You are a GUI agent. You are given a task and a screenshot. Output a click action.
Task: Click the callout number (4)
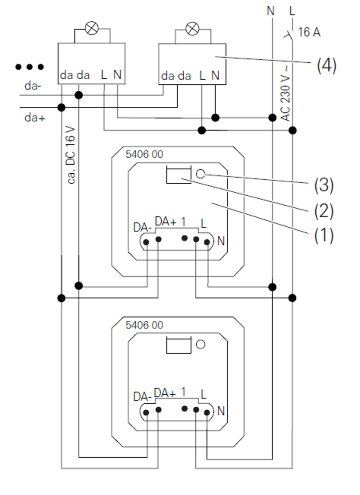tap(326, 65)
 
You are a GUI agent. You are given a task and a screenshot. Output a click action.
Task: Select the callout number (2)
tap(324, 211)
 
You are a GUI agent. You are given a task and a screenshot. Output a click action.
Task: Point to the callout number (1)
tap(324, 236)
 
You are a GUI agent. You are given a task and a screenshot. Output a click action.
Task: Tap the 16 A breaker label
tap(309, 33)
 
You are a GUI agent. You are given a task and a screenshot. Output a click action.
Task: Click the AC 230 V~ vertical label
tap(285, 94)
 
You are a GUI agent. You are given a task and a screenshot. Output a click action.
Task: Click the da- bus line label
tap(32, 86)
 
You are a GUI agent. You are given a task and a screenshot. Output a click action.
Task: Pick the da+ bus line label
tap(35, 117)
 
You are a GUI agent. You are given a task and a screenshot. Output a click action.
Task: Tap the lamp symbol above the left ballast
tap(91, 28)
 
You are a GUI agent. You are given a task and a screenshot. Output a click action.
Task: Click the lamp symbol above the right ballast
tap(192, 28)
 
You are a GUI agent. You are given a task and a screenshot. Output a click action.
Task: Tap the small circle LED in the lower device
tap(201, 344)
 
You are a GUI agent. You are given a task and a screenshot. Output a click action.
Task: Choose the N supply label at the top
tap(271, 11)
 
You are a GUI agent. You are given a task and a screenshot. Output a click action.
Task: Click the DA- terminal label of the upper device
tap(143, 227)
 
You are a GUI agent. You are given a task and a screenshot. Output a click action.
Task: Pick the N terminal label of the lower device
tap(221, 411)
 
